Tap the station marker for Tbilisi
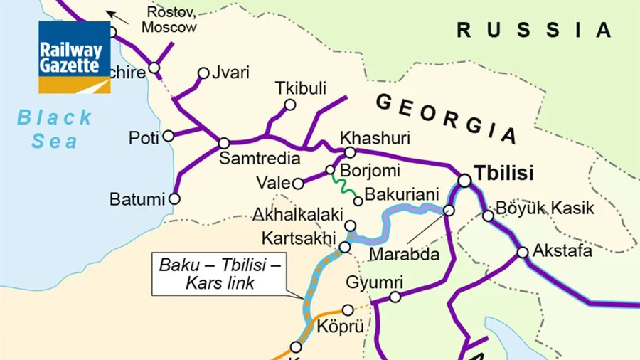(464, 181)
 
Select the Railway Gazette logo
(75, 58)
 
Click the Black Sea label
(55, 129)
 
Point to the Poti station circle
(169, 136)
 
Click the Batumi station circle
(174, 199)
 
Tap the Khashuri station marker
(350, 152)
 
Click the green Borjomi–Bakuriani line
(345, 186)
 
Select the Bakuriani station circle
(358, 201)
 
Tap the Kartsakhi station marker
(345, 247)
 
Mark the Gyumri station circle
(395, 297)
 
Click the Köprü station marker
(348, 309)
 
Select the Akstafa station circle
(523, 252)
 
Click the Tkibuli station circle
(290, 105)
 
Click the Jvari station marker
(204, 73)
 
